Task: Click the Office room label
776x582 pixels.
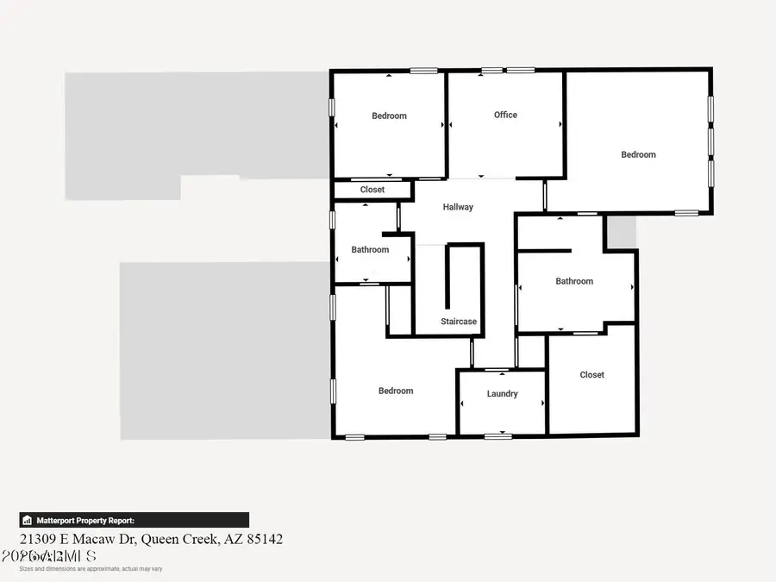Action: pos(505,115)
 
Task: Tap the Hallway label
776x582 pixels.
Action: pos(458,207)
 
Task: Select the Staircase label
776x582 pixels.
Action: pos(459,322)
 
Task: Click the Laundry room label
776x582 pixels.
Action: pos(502,394)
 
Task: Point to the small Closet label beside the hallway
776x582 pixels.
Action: pos(372,190)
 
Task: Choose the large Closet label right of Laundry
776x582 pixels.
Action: pos(591,375)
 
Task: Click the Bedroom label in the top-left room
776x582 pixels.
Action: pos(389,116)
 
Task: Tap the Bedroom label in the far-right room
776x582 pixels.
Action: pos(638,154)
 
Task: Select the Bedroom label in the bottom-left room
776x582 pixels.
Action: pos(396,391)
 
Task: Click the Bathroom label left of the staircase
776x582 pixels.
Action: pos(370,250)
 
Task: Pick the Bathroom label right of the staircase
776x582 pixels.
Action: pos(574,281)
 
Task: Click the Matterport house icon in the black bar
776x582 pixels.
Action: pos(28,521)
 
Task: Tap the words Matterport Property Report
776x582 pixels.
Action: pos(84,521)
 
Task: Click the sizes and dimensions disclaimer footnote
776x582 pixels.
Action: pos(91,568)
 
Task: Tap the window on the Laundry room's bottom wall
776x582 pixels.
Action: pos(497,436)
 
